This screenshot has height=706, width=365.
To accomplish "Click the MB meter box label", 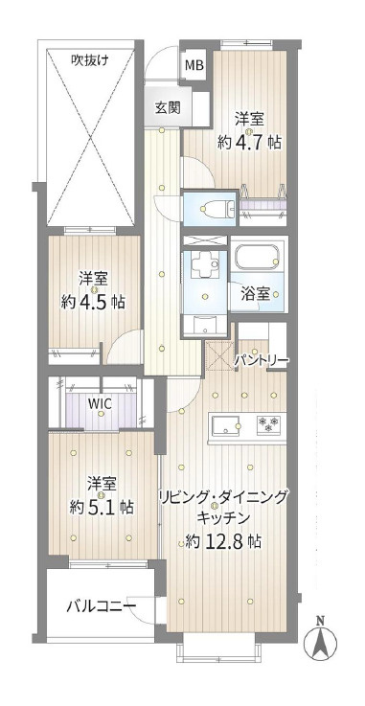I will (x=194, y=65).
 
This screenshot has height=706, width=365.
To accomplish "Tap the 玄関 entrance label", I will (x=167, y=107).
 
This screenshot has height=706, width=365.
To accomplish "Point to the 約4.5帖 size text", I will (x=93, y=301).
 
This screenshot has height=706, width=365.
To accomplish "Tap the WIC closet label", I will (x=101, y=403).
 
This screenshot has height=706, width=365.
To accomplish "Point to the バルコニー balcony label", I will (x=101, y=606).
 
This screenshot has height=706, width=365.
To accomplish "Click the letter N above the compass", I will (x=321, y=618).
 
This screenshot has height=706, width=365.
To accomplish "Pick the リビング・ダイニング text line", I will (x=223, y=497).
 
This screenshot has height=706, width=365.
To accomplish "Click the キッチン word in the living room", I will (x=224, y=518).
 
